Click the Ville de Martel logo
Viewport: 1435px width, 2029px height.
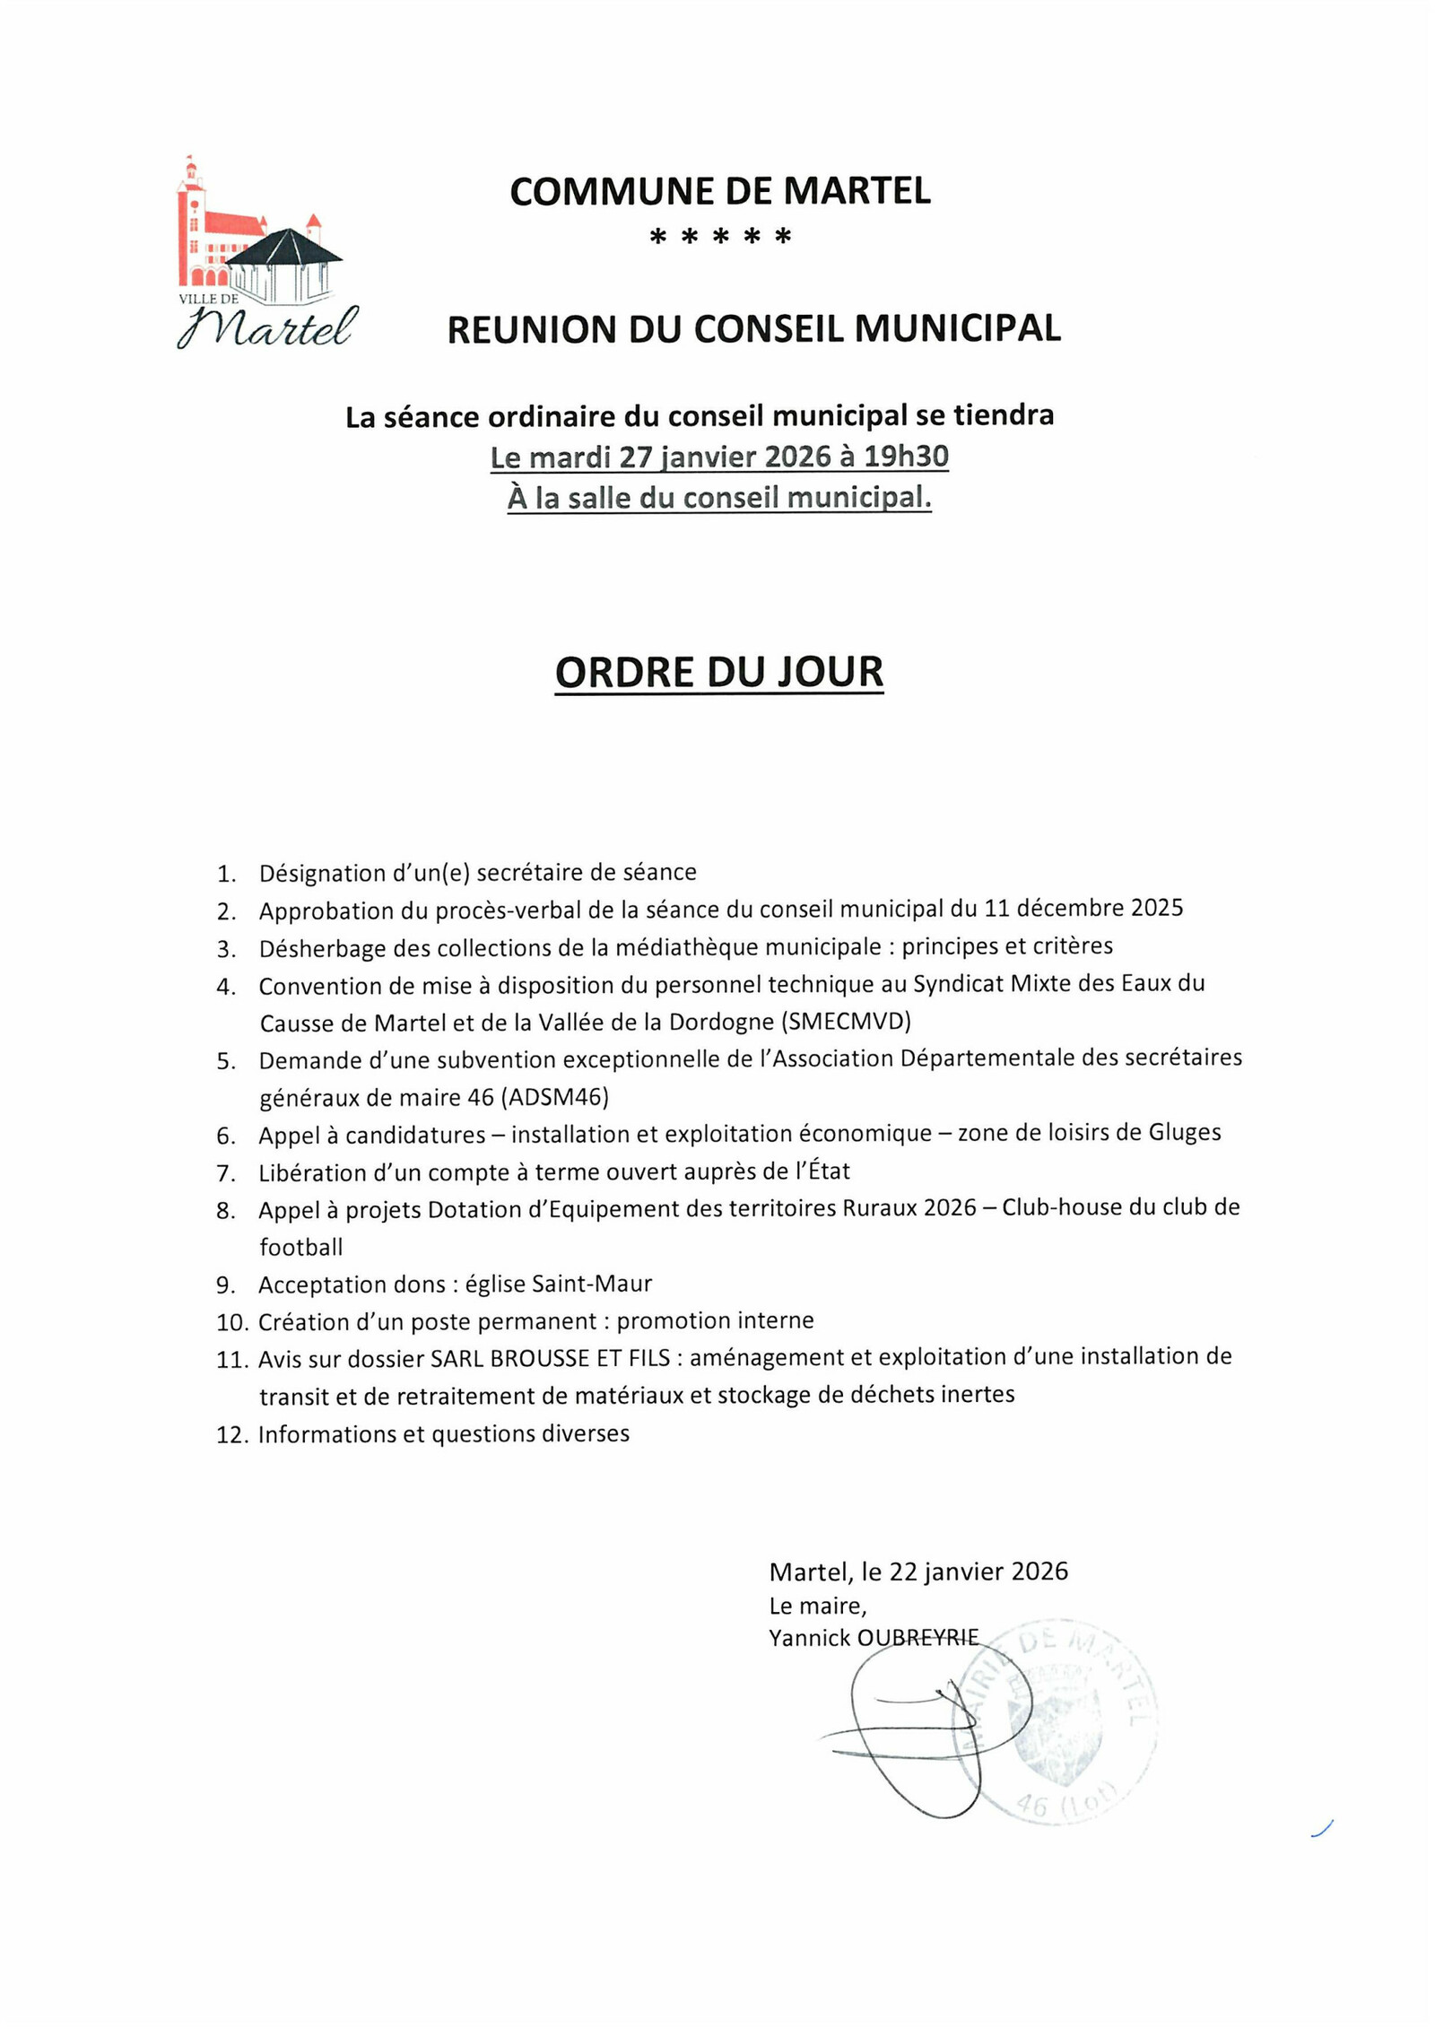(266, 254)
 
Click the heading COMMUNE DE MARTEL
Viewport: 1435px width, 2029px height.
(719, 192)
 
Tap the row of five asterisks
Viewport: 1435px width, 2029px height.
(719, 238)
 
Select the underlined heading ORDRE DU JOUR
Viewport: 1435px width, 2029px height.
(718, 673)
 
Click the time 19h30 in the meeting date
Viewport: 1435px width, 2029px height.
(905, 457)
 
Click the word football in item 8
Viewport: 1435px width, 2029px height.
(301, 1247)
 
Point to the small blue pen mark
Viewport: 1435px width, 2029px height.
(1322, 1828)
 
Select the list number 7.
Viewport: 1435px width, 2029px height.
(225, 1173)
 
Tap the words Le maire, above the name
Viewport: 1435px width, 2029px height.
(817, 1606)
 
